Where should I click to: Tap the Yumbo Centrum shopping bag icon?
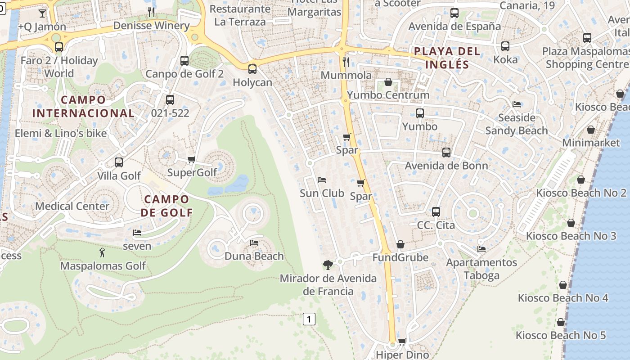(x=388, y=82)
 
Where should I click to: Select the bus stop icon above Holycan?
(x=252, y=69)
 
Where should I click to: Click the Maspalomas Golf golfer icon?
(x=103, y=252)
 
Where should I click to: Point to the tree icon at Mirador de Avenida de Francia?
(x=328, y=265)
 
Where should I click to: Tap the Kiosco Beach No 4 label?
(x=563, y=298)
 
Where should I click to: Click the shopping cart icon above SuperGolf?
(x=192, y=159)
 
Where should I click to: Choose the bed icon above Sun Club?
(x=322, y=180)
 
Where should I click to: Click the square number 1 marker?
(x=309, y=319)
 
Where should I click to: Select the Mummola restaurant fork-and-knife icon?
(x=346, y=62)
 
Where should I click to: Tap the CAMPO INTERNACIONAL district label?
(x=83, y=106)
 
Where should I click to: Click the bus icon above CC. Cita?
(x=436, y=211)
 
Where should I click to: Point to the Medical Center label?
(x=72, y=206)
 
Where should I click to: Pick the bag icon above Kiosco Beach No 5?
(x=561, y=322)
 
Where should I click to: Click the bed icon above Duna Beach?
(x=254, y=243)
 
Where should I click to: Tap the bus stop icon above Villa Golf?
(x=119, y=162)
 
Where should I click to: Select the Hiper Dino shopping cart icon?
(x=402, y=342)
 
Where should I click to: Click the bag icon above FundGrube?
(x=400, y=244)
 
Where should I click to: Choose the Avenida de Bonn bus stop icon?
(x=446, y=153)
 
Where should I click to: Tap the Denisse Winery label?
(x=151, y=26)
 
